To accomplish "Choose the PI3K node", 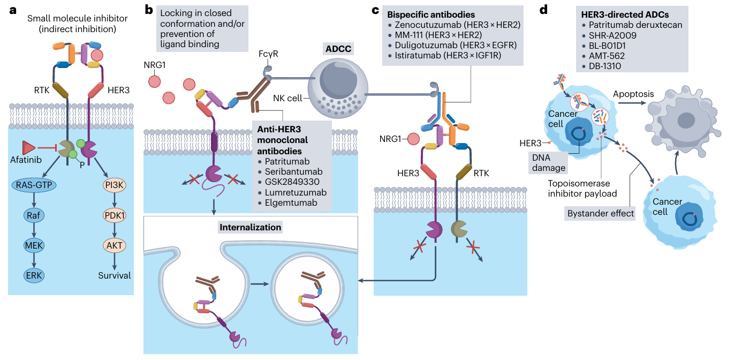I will point(113,185).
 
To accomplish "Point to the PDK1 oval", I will point(113,215).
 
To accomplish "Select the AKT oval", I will point(113,245).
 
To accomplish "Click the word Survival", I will point(114,275).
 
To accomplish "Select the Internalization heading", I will point(251,227).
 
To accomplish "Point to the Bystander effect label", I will point(600,213).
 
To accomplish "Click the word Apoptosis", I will point(634,94).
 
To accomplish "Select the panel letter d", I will point(544,10).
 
